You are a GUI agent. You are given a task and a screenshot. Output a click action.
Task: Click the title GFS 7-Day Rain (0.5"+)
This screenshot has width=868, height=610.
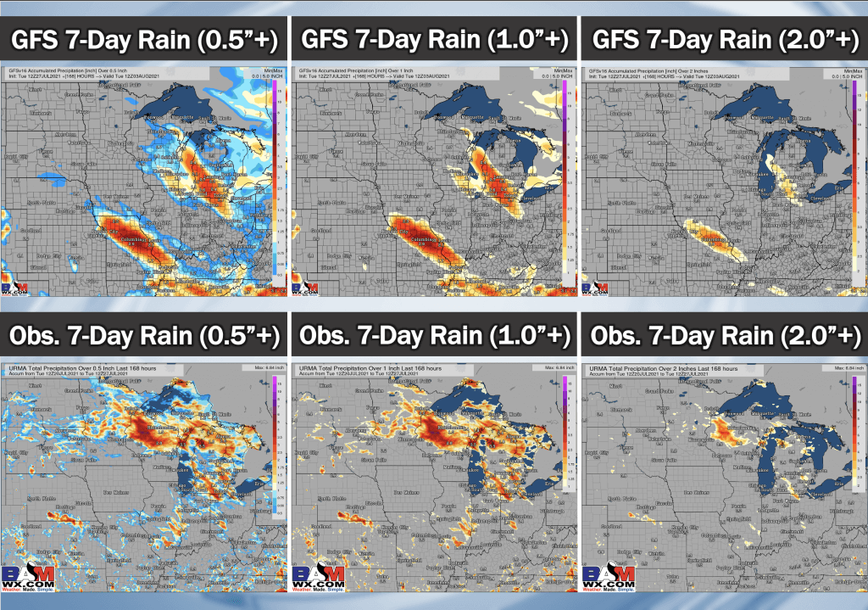coord(144,39)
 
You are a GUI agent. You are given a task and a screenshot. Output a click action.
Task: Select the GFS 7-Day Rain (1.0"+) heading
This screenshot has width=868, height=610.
coord(433,39)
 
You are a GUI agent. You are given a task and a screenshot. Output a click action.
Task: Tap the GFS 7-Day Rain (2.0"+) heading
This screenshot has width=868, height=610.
coord(722,39)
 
